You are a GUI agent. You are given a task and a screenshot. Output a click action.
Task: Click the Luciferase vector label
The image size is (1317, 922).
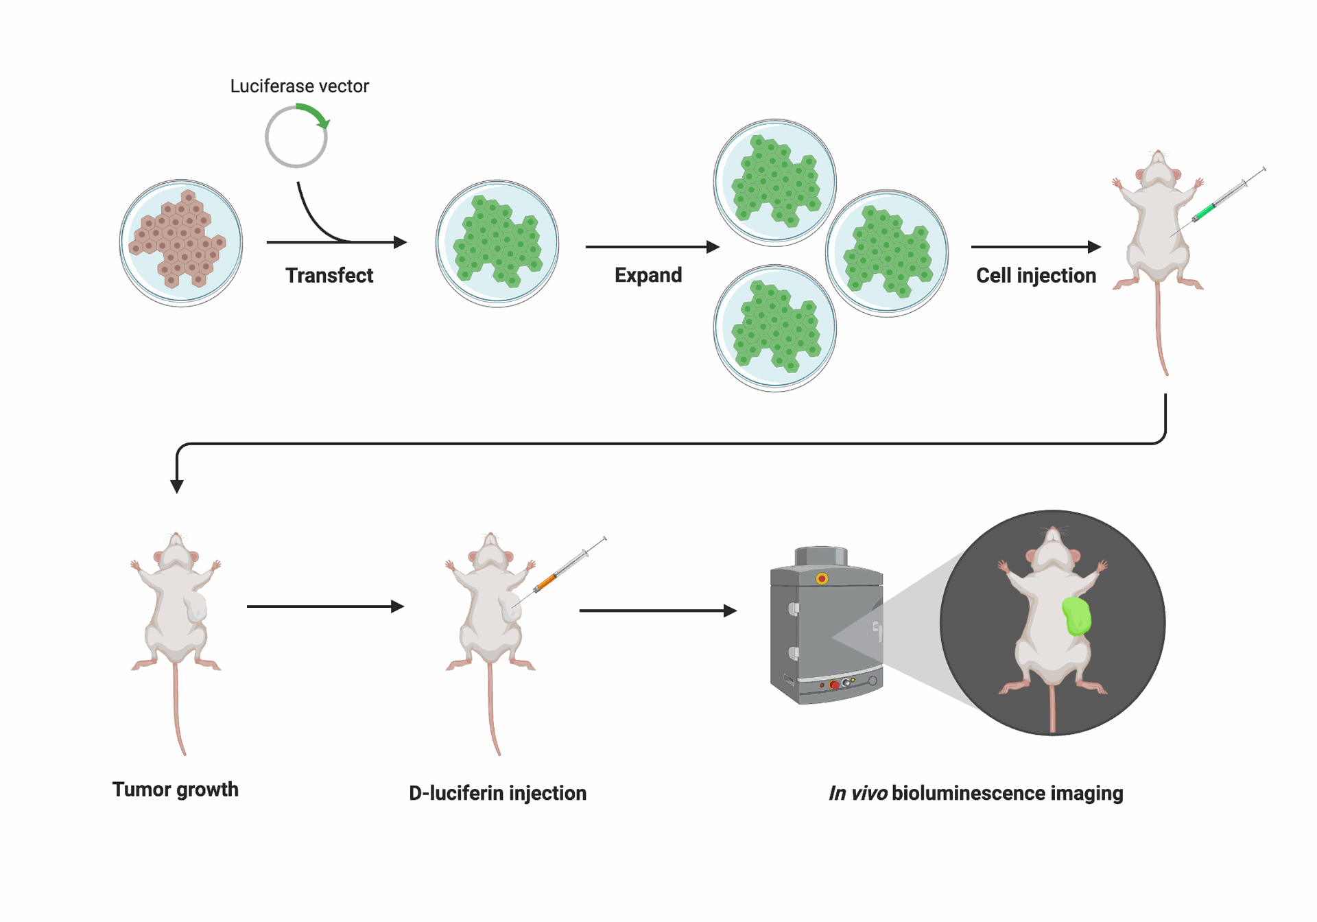tap(299, 86)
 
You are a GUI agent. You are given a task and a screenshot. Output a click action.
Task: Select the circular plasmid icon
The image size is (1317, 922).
tap(296, 137)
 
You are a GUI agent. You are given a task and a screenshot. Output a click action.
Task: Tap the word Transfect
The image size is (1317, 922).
tap(329, 276)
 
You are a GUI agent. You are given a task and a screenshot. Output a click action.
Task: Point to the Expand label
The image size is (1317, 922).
tap(648, 275)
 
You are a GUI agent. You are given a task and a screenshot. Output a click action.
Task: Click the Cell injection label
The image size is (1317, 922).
tap(1036, 276)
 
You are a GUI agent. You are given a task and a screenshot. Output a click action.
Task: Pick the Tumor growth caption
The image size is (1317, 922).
tap(176, 790)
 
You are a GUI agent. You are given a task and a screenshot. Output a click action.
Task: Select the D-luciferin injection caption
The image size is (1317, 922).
tap(497, 794)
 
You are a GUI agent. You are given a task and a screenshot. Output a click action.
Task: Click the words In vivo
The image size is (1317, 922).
tap(857, 794)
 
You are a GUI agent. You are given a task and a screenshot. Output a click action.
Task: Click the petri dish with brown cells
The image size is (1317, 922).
tap(181, 243)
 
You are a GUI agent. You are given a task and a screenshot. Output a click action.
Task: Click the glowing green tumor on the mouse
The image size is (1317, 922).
tap(1076, 616)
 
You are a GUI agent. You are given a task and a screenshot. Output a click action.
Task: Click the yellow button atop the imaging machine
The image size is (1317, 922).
tap(822, 579)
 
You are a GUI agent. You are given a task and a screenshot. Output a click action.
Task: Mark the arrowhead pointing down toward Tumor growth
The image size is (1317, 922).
tap(177, 486)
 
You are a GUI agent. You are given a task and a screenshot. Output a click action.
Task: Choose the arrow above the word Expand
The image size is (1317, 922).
tap(652, 247)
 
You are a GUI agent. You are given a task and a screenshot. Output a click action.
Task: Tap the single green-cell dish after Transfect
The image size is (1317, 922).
tap(497, 243)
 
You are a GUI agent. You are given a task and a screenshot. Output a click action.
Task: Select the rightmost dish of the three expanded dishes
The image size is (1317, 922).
tap(887, 253)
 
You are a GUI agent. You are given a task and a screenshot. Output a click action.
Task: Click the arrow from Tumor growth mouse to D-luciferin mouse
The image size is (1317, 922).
tap(325, 606)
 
